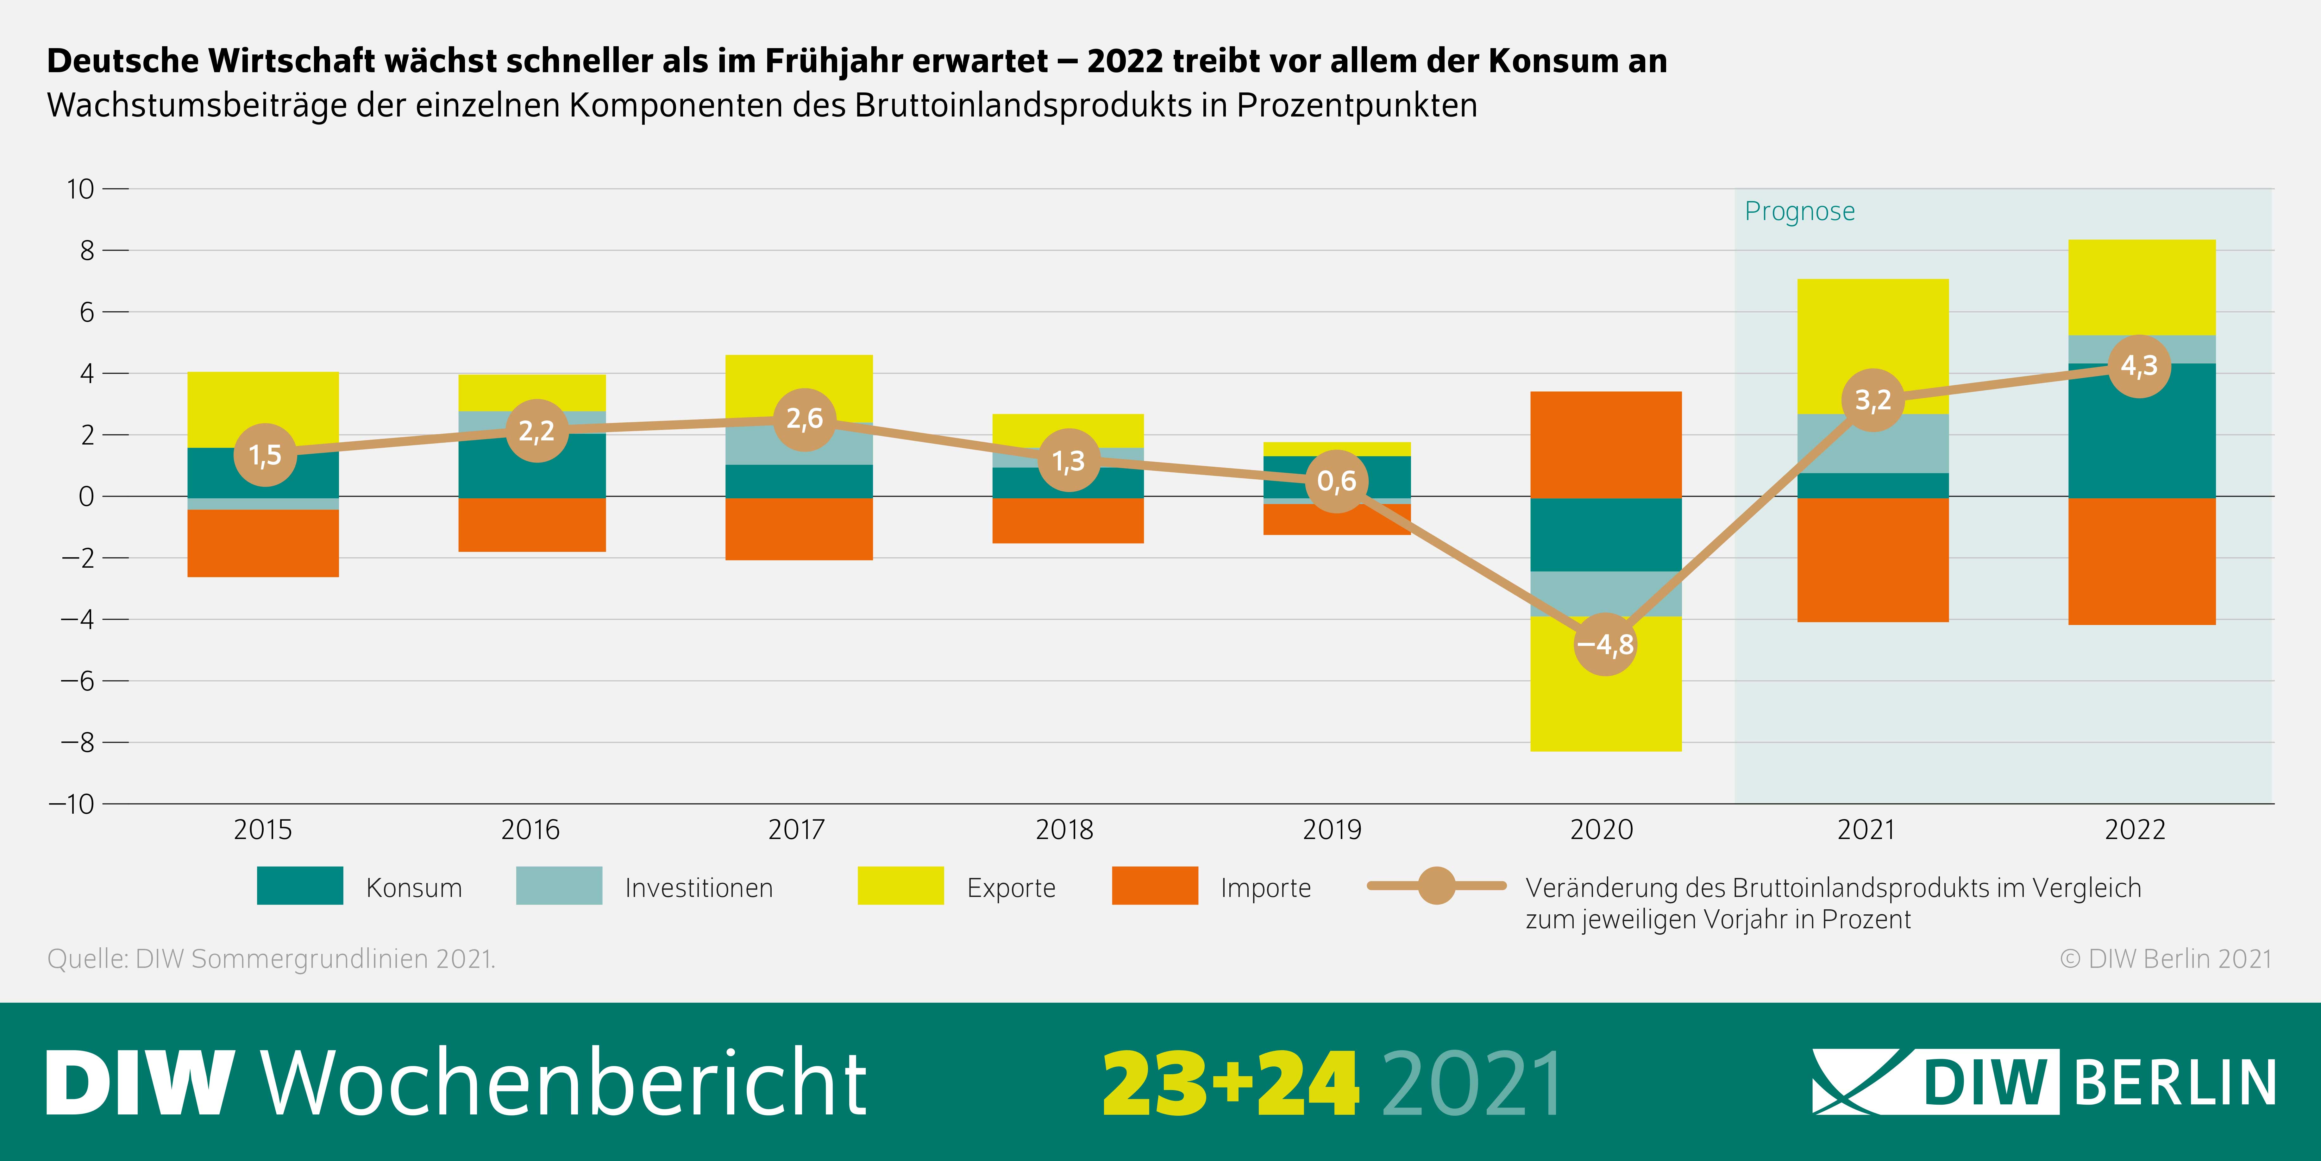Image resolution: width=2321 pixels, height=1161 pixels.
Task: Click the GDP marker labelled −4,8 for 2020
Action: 1605,644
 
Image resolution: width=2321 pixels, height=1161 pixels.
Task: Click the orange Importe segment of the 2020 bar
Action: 1606,445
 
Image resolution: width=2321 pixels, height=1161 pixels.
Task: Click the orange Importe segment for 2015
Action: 263,543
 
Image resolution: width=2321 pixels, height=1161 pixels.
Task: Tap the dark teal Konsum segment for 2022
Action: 2142,433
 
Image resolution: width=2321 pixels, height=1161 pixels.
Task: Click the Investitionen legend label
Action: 698,888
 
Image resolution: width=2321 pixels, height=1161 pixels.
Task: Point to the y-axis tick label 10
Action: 79,189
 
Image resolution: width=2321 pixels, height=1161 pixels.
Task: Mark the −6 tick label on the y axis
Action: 78,681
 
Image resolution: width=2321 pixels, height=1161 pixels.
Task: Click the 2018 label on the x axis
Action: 1064,829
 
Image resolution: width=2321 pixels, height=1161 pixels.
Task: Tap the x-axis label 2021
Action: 1866,829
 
